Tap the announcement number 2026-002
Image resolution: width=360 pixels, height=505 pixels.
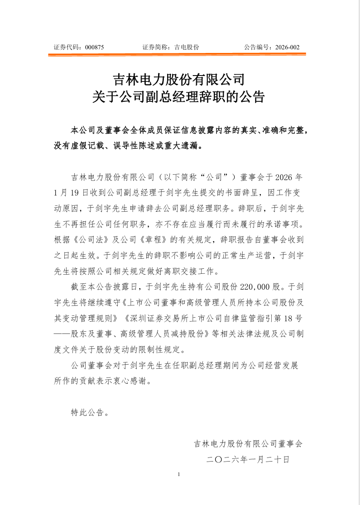tap(287, 47)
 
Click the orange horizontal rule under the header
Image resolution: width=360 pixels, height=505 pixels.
tap(177, 55)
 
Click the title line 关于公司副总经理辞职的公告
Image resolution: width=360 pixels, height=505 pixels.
tap(178, 97)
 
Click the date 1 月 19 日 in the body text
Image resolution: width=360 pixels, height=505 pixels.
tap(70, 192)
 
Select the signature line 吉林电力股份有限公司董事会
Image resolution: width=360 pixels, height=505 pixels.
tap(248, 443)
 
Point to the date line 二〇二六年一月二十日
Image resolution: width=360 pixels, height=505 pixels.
tap(248, 459)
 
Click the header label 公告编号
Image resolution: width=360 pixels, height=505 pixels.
tap(257, 47)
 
